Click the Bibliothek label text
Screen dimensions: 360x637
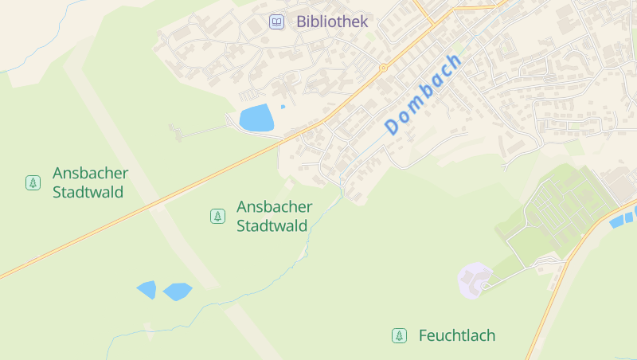pos(332,22)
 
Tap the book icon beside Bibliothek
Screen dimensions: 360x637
pos(276,22)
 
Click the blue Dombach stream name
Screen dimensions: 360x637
pos(423,94)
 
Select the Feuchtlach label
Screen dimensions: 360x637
pos(457,336)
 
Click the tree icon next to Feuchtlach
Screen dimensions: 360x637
pos(399,336)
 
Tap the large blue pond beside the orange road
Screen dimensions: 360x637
pos(256,119)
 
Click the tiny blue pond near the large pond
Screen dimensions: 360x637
pos(283,107)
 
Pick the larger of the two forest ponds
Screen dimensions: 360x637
pos(178,292)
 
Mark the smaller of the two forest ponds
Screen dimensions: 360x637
pos(147,289)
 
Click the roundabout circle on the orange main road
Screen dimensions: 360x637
pos(383,68)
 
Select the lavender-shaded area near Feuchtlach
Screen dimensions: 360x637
pos(475,280)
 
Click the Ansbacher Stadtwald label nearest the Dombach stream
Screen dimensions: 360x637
pos(273,216)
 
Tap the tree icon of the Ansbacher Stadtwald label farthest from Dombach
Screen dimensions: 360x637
pos(33,182)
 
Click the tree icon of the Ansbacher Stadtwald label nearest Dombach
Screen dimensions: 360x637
pos(217,216)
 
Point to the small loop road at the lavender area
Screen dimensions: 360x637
pos(483,285)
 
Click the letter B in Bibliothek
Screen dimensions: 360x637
pos(302,22)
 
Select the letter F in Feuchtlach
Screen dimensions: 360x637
pos(423,336)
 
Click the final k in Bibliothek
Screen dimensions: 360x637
pos(364,22)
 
